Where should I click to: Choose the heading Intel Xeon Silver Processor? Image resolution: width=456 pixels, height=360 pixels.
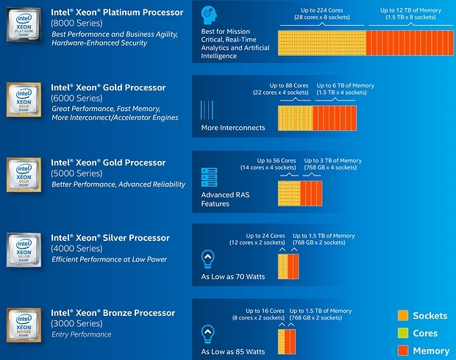click(110, 238)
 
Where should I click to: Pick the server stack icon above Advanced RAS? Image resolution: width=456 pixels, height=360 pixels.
click(209, 177)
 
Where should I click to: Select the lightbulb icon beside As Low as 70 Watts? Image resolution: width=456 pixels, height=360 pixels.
click(208, 258)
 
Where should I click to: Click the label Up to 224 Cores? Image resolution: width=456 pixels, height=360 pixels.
click(321, 10)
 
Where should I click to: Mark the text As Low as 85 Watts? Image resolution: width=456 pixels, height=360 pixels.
click(232, 352)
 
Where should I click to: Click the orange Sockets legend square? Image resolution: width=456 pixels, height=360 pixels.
click(402, 316)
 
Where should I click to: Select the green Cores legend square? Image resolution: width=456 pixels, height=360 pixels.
click(402, 334)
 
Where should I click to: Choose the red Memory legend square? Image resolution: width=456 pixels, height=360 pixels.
click(402, 350)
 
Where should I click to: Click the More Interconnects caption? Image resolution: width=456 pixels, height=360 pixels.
click(232, 128)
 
